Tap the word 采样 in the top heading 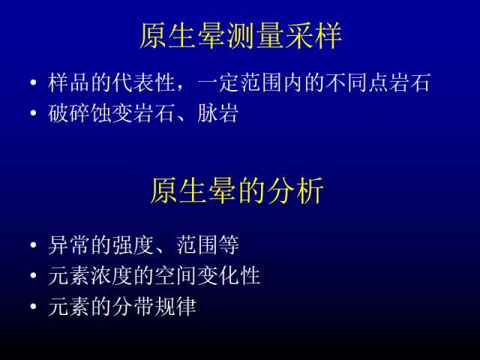pos(313,36)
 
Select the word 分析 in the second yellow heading pos(295,190)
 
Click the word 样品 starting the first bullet pos(69,82)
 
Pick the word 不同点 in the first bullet pos(357,82)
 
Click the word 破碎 pos(69,113)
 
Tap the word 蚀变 pos(112,113)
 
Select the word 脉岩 pos(217,113)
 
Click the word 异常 pos(69,245)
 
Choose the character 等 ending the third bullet pos(228,245)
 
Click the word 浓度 pos(112,276)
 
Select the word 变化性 pos(228,276)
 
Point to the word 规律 pos(175,307)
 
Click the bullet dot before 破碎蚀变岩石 pos(33,113)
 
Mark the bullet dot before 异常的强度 pos(33,245)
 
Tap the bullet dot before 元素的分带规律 pos(33,307)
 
